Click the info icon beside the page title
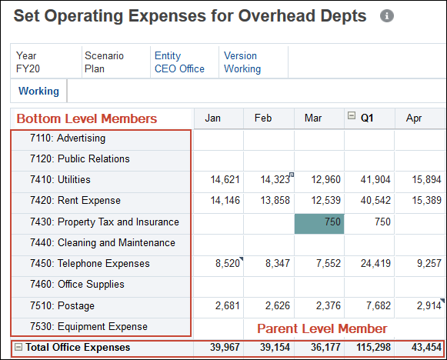[x=387, y=16]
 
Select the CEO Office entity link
[x=179, y=68]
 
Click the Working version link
[x=242, y=68]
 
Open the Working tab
[x=38, y=91]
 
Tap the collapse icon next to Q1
[x=352, y=117]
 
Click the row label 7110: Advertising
[x=81, y=138]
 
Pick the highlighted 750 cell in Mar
[x=319, y=222]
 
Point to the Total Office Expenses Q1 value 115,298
[x=369, y=348]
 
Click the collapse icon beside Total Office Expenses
[x=18, y=348]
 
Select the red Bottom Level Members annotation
[x=87, y=118]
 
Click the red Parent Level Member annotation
[x=321, y=328]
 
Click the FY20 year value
[x=27, y=68]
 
